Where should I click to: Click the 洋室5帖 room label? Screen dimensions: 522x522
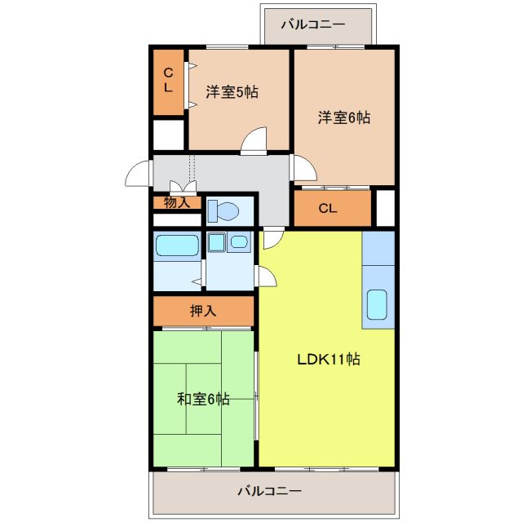(x=232, y=92)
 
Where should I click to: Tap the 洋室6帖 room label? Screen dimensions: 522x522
(x=343, y=117)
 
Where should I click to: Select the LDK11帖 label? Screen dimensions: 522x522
(x=328, y=359)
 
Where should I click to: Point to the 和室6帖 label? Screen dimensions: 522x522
(x=203, y=399)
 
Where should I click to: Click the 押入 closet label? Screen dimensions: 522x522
(x=203, y=311)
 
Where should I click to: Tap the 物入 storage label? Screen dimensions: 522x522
(x=176, y=201)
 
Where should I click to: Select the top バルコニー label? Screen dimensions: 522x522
(x=313, y=24)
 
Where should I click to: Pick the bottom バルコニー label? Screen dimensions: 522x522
(x=270, y=492)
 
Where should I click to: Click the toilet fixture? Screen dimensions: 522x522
(x=222, y=210)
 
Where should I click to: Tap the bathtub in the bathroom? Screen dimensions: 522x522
(x=177, y=246)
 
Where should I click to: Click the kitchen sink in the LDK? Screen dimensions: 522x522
(x=378, y=305)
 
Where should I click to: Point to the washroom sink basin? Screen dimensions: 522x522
(x=239, y=241)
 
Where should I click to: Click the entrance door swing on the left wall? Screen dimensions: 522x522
(x=139, y=174)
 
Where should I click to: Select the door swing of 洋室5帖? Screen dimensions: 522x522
(x=254, y=141)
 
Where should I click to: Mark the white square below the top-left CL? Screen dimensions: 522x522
(x=169, y=135)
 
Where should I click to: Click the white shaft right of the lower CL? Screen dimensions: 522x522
(x=385, y=207)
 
